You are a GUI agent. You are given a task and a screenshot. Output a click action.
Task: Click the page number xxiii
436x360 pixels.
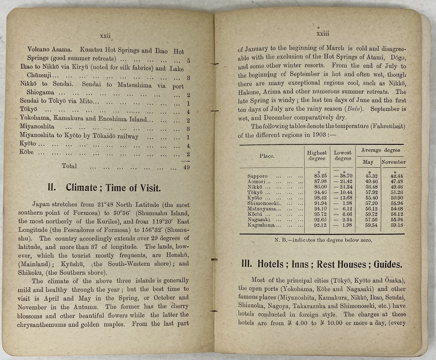point(323,33)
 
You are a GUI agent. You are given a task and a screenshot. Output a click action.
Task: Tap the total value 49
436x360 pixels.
point(186,167)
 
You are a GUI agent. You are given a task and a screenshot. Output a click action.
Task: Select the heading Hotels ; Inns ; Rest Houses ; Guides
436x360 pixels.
point(322,264)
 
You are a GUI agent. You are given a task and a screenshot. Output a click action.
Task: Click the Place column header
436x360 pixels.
point(267,156)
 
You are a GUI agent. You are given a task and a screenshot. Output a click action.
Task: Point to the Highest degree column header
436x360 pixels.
point(317,156)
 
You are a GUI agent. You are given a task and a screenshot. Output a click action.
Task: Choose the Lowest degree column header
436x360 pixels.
point(343,156)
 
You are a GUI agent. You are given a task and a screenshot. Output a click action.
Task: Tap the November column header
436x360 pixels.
point(393,162)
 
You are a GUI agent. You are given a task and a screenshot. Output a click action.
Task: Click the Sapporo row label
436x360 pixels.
point(257,176)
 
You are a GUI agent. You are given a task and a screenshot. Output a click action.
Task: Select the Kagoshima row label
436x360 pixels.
point(261,225)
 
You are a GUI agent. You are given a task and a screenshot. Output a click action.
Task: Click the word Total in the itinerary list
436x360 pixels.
point(69,166)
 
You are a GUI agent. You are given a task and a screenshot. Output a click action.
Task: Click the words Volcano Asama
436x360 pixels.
point(46,51)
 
